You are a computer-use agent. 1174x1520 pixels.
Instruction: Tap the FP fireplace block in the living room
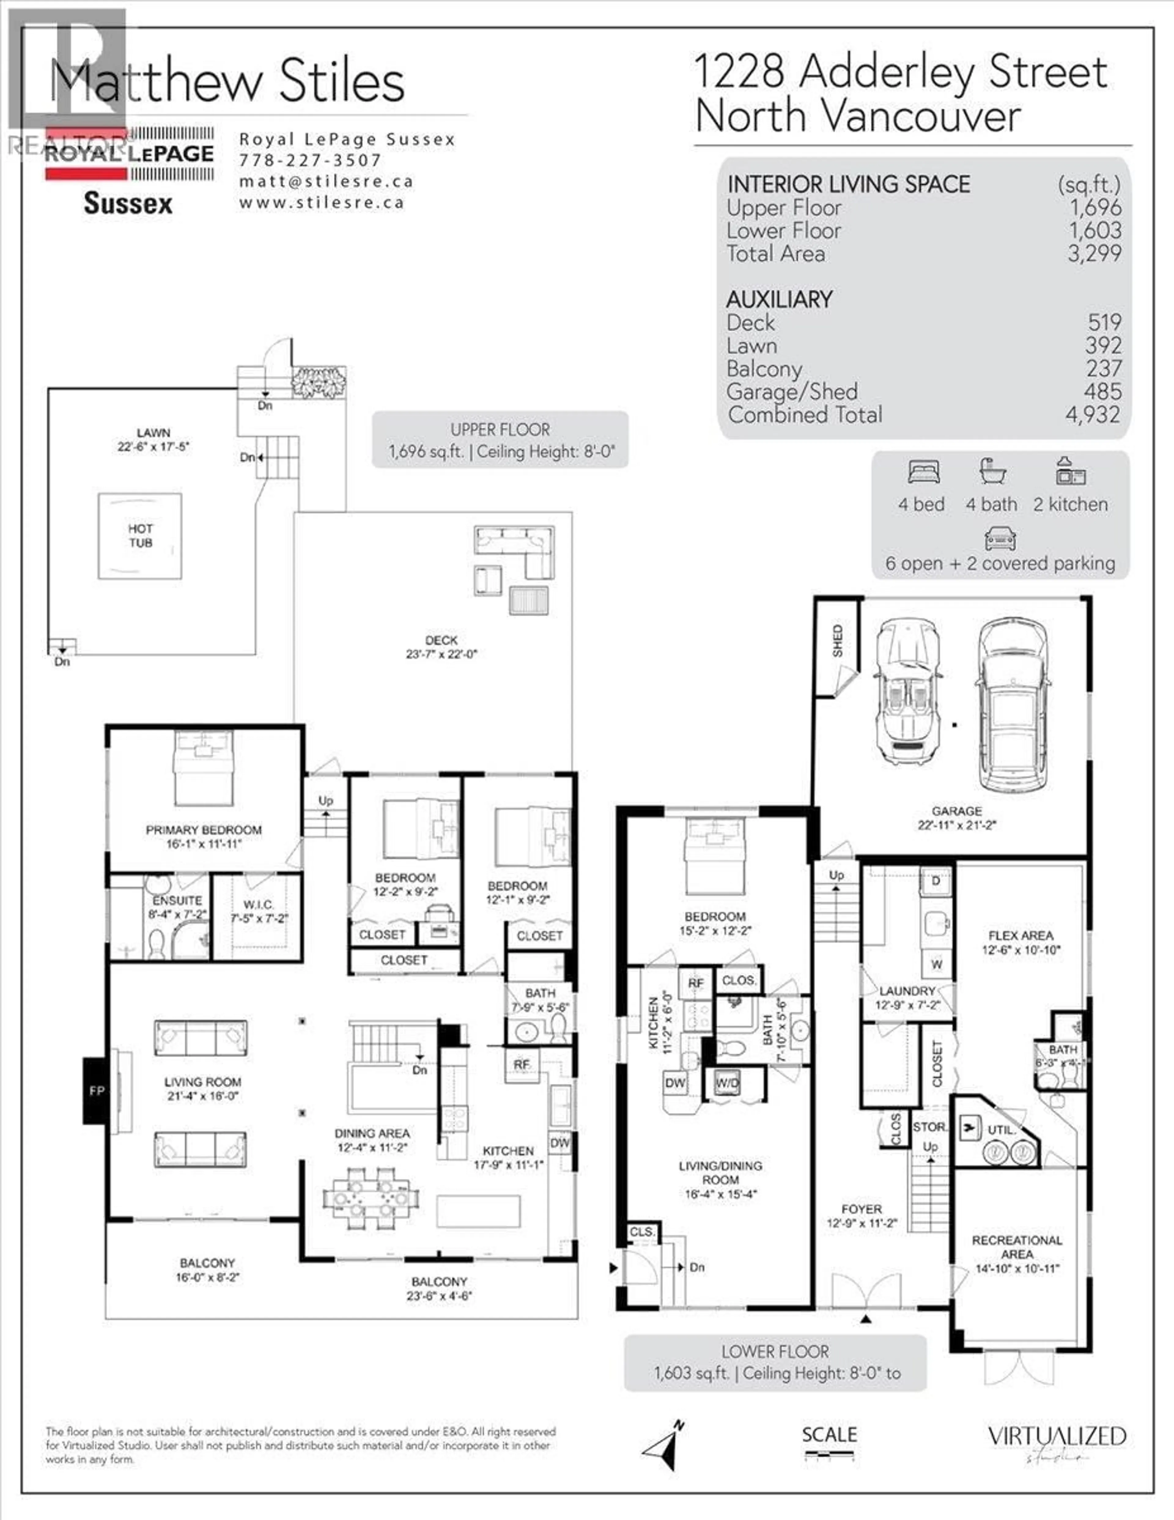[x=96, y=1091]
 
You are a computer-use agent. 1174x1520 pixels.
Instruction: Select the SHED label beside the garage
[x=837, y=640]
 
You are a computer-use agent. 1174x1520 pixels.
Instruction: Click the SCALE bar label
[x=829, y=1434]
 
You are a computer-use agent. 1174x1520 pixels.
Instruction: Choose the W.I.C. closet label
[x=257, y=905]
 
